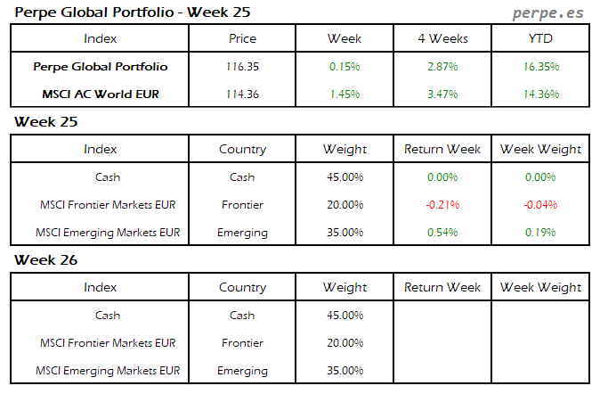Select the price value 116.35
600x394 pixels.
click(x=242, y=67)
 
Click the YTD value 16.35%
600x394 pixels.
click(x=541, y=67)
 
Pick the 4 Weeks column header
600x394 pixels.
click(x=442, y=39)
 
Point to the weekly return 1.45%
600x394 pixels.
click(x=345, y=94)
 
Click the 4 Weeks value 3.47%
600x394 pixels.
click(x=442, y=94)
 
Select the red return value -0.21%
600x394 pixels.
click(x=442, y=205)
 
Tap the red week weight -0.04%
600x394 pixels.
click(x=541, y=205)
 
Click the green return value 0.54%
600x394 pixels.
click(x=442, y=233)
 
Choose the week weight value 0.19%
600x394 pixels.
click(x=541, y=233)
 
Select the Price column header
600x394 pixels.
click(x=242, y=39)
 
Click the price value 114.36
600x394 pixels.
click(x=242, y=94)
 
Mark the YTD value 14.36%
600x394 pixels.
click(x=541, y=94)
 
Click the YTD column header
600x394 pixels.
click(x=541, y=39)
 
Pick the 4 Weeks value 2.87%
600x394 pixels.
click(x=442, y=67)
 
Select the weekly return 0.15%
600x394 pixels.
click(x=345, y=67)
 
